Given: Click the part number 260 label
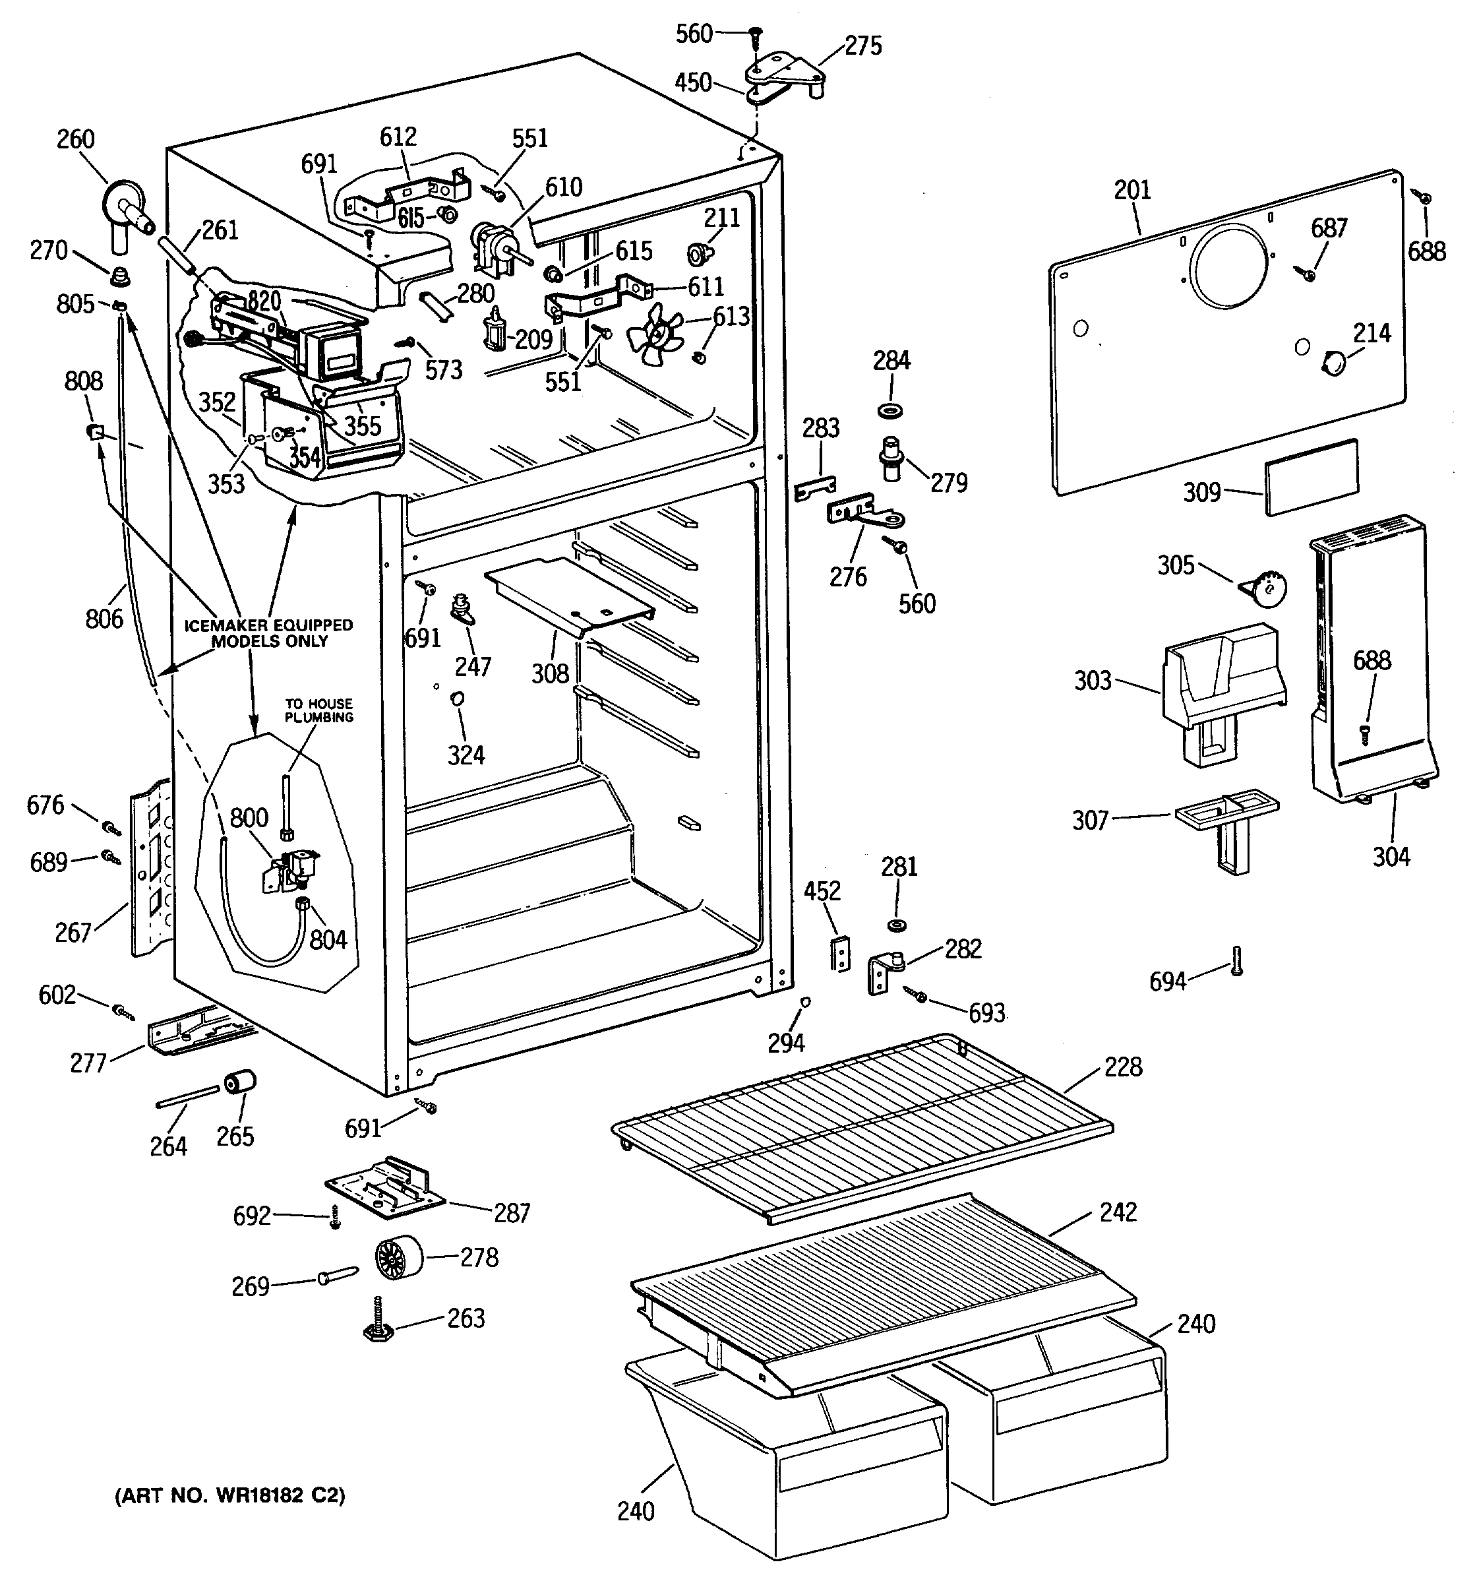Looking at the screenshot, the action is [76, 139].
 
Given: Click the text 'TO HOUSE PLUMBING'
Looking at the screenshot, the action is [319, 710].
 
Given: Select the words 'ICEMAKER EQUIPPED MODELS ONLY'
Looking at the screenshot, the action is [269, 633].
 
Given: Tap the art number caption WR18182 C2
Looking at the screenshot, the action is [231, 1496].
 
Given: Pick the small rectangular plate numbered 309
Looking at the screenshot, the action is [1310, 476].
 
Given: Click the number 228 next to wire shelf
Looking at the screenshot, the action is [1123, 1066].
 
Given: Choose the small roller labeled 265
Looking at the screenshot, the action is [241, 1084].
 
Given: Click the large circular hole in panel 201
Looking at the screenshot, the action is [1231, 266].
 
